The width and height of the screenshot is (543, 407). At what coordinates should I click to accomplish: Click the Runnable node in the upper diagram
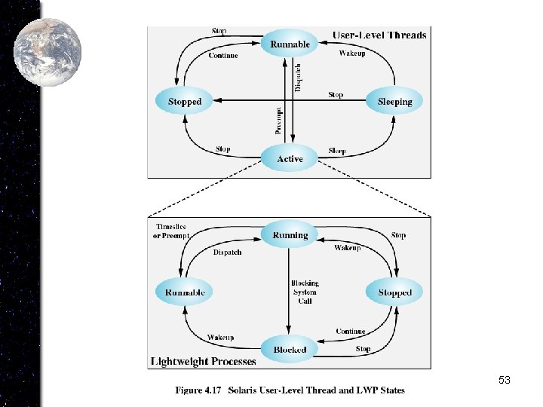[x=290, y=44]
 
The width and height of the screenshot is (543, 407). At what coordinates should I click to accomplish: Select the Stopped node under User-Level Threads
[x=185, y=102]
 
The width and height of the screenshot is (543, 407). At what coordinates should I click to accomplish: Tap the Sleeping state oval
[x=394, y=102]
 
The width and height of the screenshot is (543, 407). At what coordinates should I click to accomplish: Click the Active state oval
[x=290, y=159]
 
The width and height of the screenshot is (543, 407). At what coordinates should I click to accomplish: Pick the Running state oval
[x=290, y=235]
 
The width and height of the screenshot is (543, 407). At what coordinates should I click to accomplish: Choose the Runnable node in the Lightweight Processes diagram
[x=185, y=292]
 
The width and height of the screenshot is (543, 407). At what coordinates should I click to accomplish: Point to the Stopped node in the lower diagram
[x=394, y=292]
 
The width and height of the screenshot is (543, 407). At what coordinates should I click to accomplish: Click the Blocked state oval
[x=290, y=350]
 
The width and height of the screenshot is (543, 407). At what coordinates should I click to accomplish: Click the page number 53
[x=505, y=381]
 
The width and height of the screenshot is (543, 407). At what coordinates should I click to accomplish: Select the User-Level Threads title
[x=379, y=35]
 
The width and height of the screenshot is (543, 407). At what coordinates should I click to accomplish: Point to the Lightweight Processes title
[x=204, y=362]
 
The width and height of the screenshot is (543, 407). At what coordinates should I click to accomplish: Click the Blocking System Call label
[x=305, y=292]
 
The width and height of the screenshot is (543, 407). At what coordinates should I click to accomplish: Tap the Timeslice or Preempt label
[x=171, y=231]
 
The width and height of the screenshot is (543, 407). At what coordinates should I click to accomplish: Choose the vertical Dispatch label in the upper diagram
[x=299, y=78]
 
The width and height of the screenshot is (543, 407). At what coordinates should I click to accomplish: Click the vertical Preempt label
[x=279, y=121]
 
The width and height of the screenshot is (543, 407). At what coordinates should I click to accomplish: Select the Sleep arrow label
[x=337, y=151]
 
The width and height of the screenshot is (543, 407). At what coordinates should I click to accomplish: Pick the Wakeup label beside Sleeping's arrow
[x=352, y=54]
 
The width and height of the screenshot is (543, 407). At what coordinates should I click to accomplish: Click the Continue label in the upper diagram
[x=223, y=55]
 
